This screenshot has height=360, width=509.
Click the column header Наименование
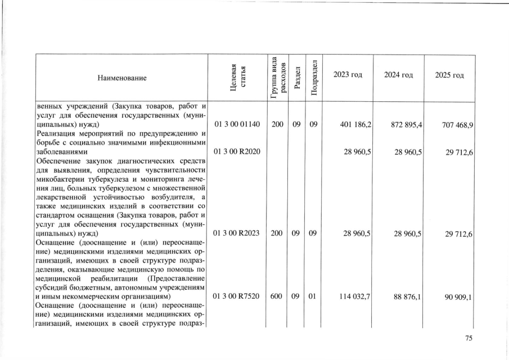point(120,79)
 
